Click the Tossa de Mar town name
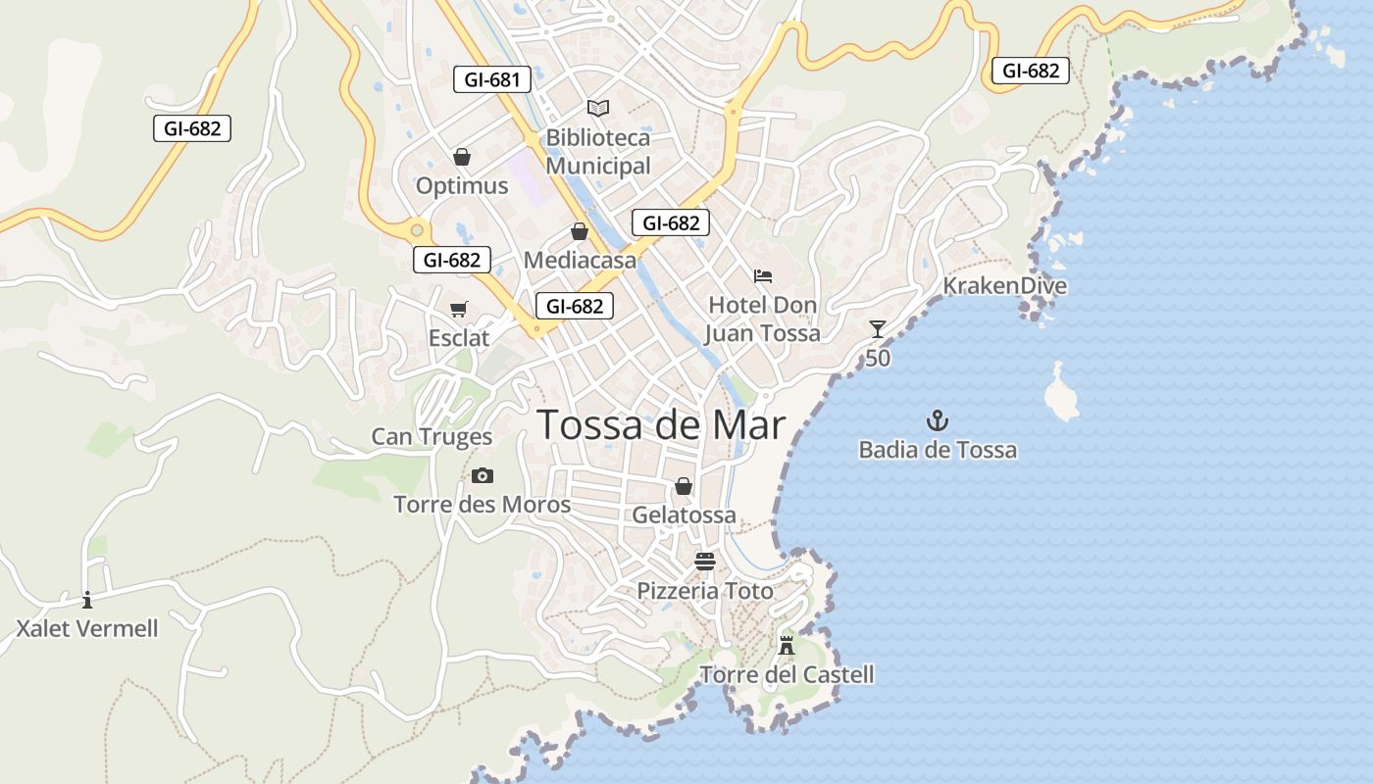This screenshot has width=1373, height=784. click(661, 424)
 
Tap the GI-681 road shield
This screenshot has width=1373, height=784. click(491, 79)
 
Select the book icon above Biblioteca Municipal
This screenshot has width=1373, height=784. click(598, 107)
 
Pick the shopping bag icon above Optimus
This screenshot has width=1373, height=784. click(462, 157)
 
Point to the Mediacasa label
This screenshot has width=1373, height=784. click(580, 261)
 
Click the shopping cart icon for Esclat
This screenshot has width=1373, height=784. click(458, 310)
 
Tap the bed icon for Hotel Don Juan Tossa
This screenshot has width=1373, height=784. click(763, 276)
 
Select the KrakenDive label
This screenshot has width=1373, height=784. click(1004, 286)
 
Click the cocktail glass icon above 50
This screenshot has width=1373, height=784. click(878, 329)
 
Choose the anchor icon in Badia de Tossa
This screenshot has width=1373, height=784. click(938, 421)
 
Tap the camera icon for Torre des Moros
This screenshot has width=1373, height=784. click(482, 476)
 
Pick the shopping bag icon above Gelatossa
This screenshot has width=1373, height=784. click(684, 486)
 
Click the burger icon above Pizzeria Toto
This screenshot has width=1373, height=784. click(705, 562)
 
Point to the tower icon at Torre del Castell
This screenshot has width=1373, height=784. click(787, 645)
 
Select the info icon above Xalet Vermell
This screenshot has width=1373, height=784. click(87, 600)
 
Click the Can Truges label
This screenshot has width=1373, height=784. click(432, 437)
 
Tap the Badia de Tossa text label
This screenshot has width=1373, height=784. click(938, 450)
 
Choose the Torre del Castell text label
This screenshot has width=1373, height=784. click(787, 674)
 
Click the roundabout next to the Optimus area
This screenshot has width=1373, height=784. click(418, 230)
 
